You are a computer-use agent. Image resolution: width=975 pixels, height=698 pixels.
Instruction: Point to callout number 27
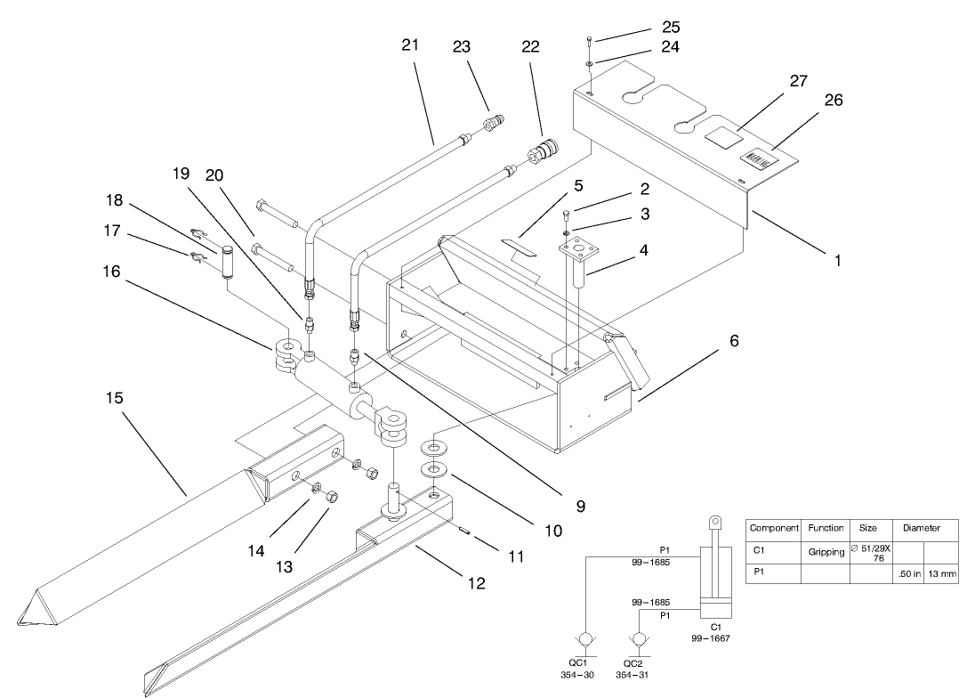point(798,81)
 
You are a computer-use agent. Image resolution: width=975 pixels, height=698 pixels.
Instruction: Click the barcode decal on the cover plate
point(759,158)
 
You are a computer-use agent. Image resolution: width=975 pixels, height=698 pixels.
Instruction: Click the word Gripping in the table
point(826,552)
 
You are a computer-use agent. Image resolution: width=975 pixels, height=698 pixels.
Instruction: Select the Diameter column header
point(921,528)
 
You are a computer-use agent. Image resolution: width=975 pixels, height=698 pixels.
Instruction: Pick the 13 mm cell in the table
point(942,574)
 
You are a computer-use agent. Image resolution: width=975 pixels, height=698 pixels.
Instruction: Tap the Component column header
point(774,528)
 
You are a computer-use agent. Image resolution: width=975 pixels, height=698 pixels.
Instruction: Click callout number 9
point(579,506)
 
